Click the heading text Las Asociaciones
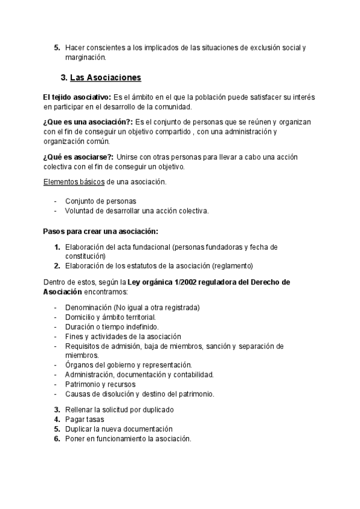(x=106, y=78)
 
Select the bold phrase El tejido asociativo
(x=77, y=97)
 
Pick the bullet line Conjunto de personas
(x=100, y=201)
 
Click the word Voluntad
(x=80, y=211)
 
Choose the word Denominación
(x=90, y=307)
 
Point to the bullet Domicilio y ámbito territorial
(x=110, y=317)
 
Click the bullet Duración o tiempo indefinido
(x=112, y=327)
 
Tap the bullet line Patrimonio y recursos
(x=100, y=384)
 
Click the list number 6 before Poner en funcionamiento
(x=56, y=439)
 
